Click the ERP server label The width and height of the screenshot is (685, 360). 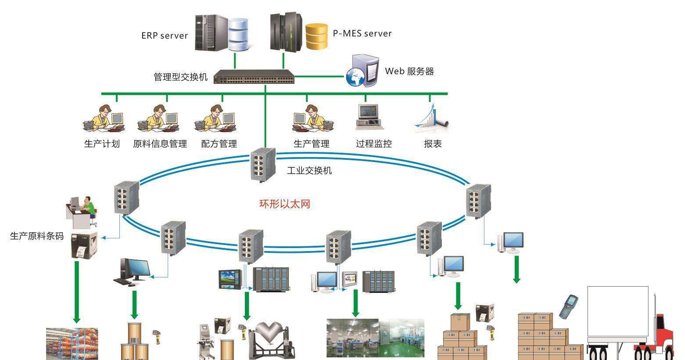[x=165, y=36]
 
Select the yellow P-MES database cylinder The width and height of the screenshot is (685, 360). [x=316, y=36]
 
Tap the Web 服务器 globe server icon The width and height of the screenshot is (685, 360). [x=362, y=71]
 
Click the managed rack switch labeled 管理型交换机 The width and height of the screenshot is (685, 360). [x=254, y=77]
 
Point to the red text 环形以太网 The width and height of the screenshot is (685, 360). [x=285, y=204]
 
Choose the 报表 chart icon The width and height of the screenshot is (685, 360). [x=432, y=117]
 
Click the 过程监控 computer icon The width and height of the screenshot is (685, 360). [x=369, y=117]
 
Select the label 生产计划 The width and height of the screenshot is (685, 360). [x=102, y=144]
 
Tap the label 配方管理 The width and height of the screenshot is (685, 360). [x=219, y=144]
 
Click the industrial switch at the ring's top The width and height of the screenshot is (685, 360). [x=264, y=165]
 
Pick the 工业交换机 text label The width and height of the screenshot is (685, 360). [x=309, y=170]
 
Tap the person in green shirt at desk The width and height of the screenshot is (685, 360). [x=90, y=206]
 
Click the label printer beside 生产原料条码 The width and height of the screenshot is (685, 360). [x=84, y=245]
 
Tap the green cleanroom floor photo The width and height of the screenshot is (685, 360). [x=402, y=338]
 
